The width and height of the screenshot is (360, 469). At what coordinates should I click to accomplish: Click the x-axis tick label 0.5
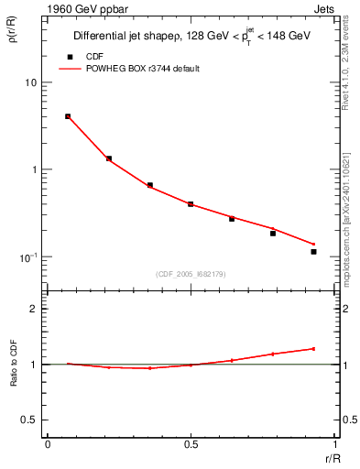(x=191, y=444)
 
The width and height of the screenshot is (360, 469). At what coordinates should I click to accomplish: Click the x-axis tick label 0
(x=48, y=444)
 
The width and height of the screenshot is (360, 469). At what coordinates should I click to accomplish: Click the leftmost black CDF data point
(x=68, y=116)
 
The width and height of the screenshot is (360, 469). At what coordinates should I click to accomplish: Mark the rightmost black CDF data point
(x=313, y=252)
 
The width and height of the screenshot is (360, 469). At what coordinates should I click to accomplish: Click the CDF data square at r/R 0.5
(x=191, y=204)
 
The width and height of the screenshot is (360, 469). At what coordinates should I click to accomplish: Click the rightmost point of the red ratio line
(x=313, y=348)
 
